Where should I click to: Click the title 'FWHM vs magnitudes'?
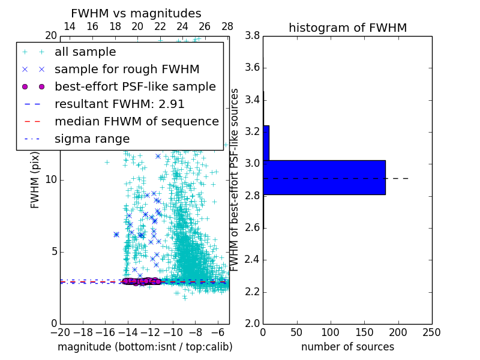point(136,13)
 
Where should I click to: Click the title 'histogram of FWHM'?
point(347,28)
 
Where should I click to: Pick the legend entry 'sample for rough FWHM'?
point(127,69)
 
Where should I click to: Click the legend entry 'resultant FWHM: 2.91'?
point(119,104)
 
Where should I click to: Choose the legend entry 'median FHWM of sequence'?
point(136,121)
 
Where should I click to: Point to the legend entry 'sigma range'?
point(92,139)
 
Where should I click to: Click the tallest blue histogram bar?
point(324,177)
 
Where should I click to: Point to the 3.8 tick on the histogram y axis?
point(253,36)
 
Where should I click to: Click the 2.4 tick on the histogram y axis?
point(253,260)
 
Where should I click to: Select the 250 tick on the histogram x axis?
point(431,332)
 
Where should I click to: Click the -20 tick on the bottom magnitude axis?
point(60,332)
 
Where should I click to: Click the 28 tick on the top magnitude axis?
point(227,27)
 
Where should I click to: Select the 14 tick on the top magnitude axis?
point(70,27)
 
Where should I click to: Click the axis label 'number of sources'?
point(347,347)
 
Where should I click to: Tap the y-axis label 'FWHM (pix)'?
point(35,180)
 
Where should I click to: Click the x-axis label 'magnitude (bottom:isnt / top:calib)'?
point(145,347)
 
